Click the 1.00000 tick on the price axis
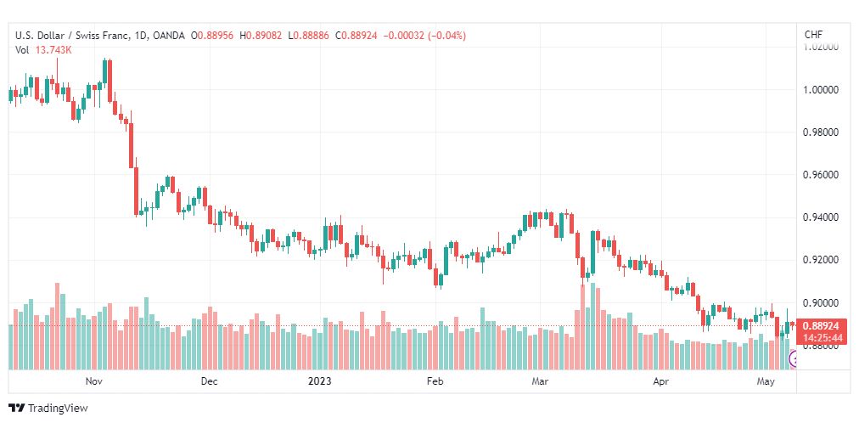[x=821, y=89]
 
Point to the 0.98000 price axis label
[x=821, y=132]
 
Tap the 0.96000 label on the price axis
[x=821, y=175]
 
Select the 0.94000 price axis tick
[x=821, y=217]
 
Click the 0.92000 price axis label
[x=821, y=260]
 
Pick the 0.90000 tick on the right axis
[x=821, y=303]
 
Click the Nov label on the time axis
[x=94, y=381]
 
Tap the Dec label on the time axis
[x=209, y=381]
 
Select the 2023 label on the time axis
[x=320, y=381]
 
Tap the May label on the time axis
[x=766, y=381]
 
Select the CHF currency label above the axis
[x=813, y=35]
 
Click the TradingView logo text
[x=58, y=409]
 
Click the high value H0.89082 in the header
[x=264, y=36]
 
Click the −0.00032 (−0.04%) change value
[x=425, y=36]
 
